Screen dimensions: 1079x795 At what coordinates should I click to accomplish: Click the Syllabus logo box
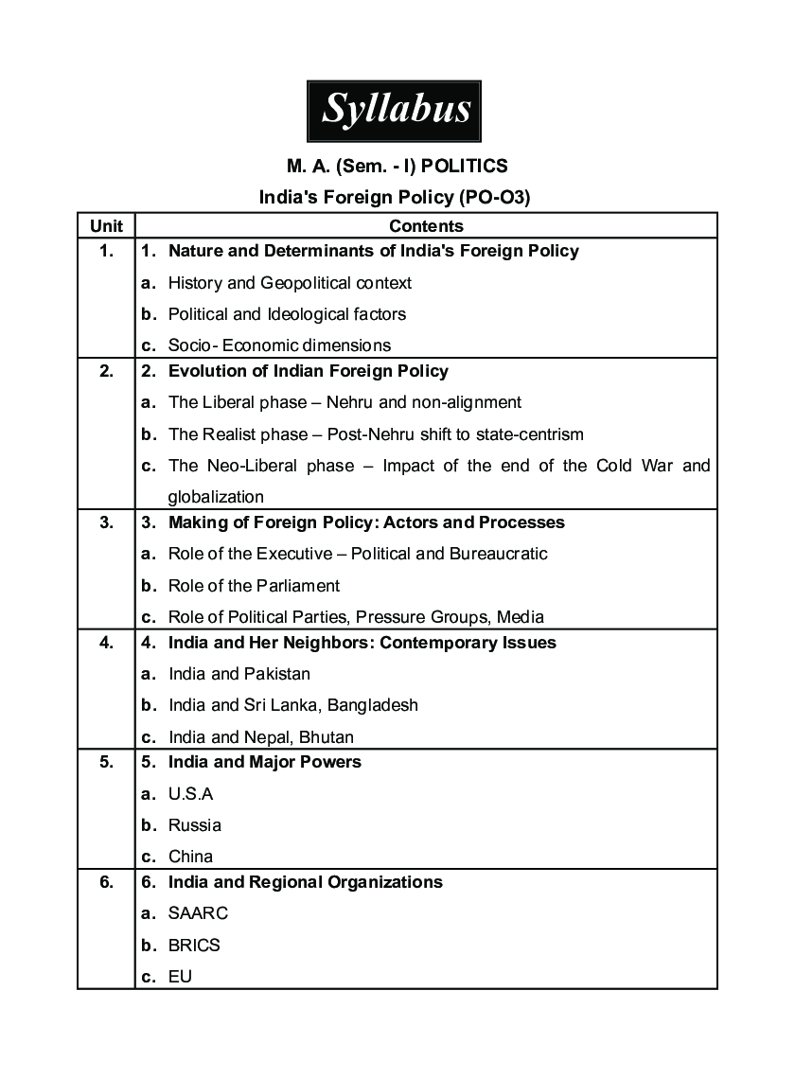click(x=394, y=111)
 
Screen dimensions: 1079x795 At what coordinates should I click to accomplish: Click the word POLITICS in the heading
click(x=464, y=167)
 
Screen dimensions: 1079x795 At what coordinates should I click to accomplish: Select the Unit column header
click(x=106, y=225)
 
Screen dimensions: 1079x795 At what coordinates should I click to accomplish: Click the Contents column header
click(x=426, y=225)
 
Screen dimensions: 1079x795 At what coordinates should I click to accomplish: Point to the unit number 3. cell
click(x=106, y=522)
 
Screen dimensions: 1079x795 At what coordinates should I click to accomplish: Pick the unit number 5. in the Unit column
click(x=106, y=762)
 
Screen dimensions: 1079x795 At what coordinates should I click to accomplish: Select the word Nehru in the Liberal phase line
click(x=352, y=402)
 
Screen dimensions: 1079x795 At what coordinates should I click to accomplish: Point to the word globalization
click(x=216, y=497)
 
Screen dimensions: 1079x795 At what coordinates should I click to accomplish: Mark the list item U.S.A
click(x=191, y=794)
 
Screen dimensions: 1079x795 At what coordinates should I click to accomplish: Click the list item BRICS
click(x=194, y=946)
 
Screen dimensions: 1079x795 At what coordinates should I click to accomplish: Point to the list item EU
click(x=180, y=977)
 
